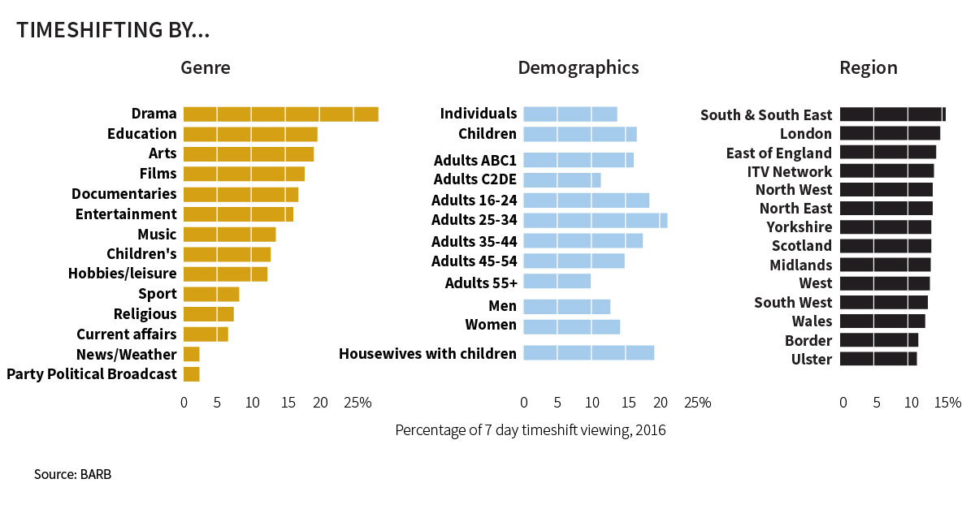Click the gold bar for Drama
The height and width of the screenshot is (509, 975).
pos(280,114)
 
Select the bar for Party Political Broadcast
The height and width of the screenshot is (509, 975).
pos(191,374)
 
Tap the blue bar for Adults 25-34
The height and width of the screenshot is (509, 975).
pos(595,220)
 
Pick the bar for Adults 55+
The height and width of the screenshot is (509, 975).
pos(557,281)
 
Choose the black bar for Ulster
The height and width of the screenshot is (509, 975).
pos(877,359)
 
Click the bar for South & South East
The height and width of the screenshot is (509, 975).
pos(892,114)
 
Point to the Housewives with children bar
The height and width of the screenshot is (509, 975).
pos(588,353)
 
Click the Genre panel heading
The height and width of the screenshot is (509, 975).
pos(205,67)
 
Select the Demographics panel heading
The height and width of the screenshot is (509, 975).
pos(578,67)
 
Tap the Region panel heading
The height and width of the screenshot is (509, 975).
pos(868,67)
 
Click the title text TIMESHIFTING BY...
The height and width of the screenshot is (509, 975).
pos(113,30)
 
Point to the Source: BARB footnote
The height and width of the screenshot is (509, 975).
pos(72,474)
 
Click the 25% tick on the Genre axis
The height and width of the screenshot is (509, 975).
pos(357,402)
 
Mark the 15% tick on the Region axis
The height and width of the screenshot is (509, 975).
pos(947,402)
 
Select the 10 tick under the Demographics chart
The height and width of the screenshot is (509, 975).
pos(592,402)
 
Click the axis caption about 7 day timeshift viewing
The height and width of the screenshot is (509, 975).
pos(530,430)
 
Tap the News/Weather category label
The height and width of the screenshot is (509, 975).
pos(126,355)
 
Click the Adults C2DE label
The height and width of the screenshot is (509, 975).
pos(474,179)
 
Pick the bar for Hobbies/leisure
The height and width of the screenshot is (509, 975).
pos(225,274)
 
